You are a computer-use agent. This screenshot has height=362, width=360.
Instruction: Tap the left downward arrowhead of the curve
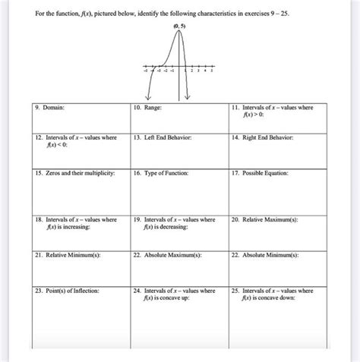pyautogui.click(x=148, y=97)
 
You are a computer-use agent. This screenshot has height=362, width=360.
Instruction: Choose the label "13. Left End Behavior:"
pyautogui.click(x=161, y=137)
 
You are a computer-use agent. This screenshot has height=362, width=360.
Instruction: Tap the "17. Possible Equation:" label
pyautogui.click(x=261, y=174)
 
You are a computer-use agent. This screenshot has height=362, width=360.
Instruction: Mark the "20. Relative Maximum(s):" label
pyautogui.click(x=265, y=219)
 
